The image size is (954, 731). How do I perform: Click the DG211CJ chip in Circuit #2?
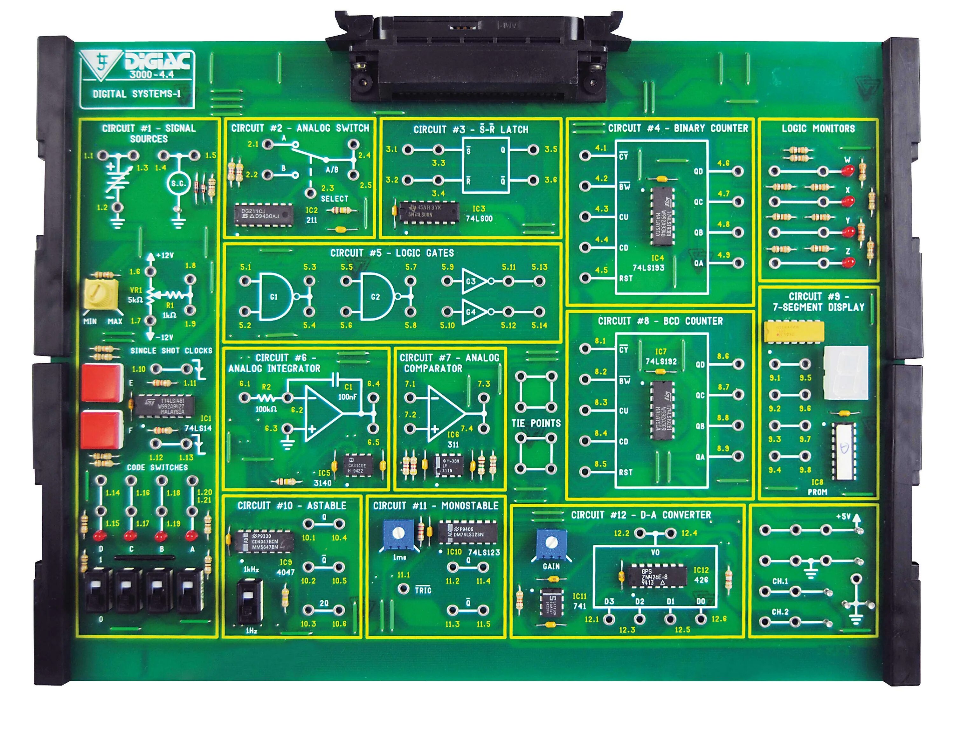click(x=263, y=214)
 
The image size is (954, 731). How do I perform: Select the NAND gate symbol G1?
click(x=275, y=296)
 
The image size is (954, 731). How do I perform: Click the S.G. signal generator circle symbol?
click(x=178, y=183)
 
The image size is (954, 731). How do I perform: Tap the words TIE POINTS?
click(x=536, y=423)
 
